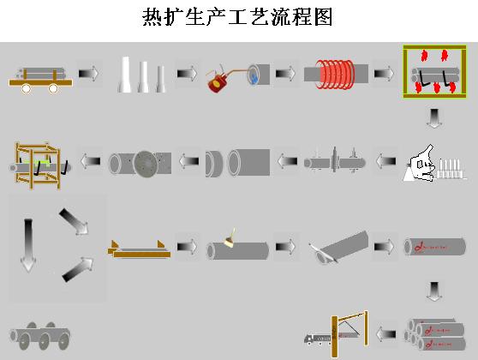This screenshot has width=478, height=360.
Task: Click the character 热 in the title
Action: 152,17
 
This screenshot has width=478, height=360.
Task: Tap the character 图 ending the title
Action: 324,17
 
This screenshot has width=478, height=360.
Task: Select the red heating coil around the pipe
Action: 335,75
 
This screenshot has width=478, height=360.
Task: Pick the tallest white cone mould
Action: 124,74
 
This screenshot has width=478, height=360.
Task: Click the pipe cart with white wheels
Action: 40,80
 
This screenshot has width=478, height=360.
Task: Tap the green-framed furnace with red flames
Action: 434,72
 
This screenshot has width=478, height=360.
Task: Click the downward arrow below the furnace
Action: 434,118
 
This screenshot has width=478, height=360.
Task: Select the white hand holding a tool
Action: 421,164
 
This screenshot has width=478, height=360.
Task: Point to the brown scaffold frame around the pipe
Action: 38,165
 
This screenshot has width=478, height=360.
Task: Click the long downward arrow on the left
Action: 28,245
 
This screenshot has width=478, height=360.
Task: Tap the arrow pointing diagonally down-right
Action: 74,222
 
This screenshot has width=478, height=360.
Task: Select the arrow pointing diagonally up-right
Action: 78,269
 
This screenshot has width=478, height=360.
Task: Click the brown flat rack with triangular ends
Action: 139,249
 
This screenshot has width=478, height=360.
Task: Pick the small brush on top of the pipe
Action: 230,238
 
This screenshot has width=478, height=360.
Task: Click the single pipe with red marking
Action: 435,247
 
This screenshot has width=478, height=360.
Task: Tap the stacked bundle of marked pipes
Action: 435,334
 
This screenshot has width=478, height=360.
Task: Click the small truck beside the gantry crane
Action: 317,339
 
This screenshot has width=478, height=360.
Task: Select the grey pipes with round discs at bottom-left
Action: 40,336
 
